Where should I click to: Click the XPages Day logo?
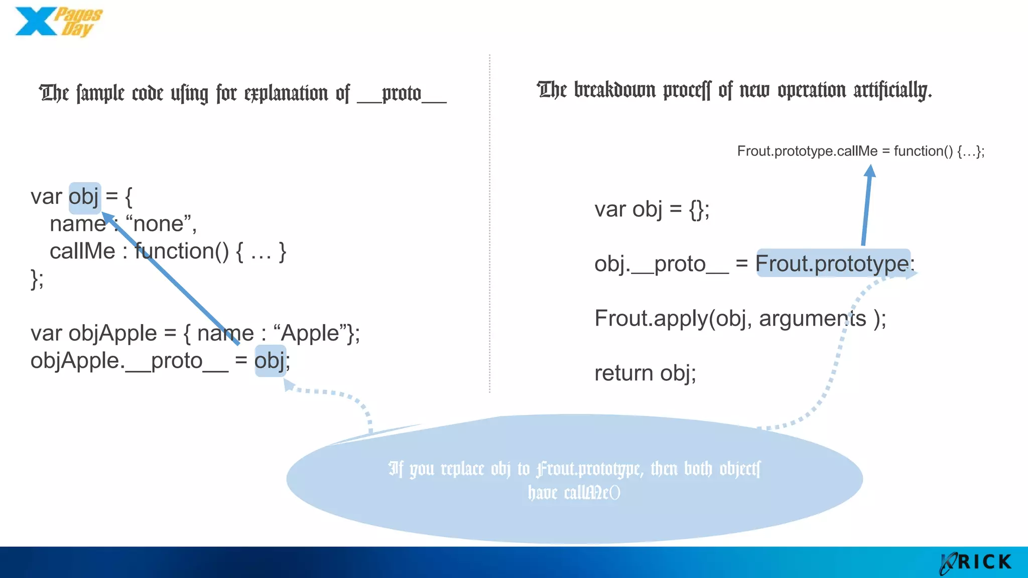coord(58,22)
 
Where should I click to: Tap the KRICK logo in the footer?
coord(976,562)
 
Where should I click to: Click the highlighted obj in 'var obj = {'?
coord(84,197)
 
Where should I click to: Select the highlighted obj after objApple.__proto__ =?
coord(271,361)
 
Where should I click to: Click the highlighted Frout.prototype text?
coord(832,263)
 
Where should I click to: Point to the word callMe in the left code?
coord(82,251)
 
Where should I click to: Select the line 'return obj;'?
coord(645,373)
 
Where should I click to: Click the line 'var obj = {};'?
coord(652,209)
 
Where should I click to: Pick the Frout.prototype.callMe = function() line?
coord(860,151)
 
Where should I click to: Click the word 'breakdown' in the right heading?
coord(614,90)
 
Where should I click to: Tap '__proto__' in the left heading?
coord(402,94)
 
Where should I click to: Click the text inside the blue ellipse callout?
coord(574,480)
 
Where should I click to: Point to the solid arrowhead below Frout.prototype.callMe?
coord(870,172)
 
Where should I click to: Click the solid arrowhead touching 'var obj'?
coord(107,218)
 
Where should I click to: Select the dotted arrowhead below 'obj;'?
coord(289,385)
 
